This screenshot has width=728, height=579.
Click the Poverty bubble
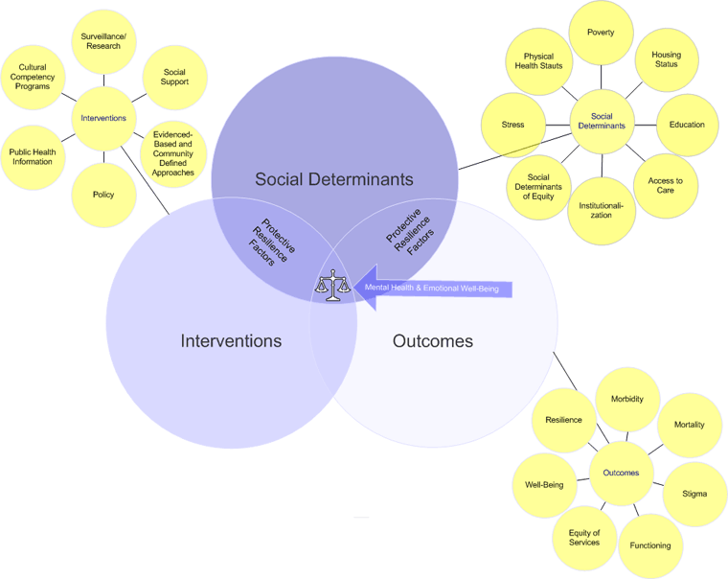tap(601, 34)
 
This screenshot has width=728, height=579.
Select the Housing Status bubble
tap(666, 59)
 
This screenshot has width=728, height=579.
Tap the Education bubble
tap(687, 125)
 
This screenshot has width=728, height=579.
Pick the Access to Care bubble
tap(666, 185)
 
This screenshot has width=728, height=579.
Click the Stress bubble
tap(512, 125)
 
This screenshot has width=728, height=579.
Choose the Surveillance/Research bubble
tap(103, 41)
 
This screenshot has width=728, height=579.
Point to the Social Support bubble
tap(174, 77)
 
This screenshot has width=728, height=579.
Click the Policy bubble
tap(103, 195)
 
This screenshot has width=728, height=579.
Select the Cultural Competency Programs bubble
tap(33, 78)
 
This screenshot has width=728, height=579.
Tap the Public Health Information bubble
tap(33, 156)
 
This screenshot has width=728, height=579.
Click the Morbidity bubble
tap(627, 399)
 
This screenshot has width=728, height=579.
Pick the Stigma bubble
tap(694, 494)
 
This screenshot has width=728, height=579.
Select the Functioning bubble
tap(650, 545)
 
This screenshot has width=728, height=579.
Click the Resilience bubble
tap(563, 420)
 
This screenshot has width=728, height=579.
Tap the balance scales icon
tap(332, 286)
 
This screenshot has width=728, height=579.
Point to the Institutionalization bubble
tap(602, 209)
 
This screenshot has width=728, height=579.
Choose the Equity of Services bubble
tap(584, 538)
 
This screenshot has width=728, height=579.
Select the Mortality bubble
tap(689, 425)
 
